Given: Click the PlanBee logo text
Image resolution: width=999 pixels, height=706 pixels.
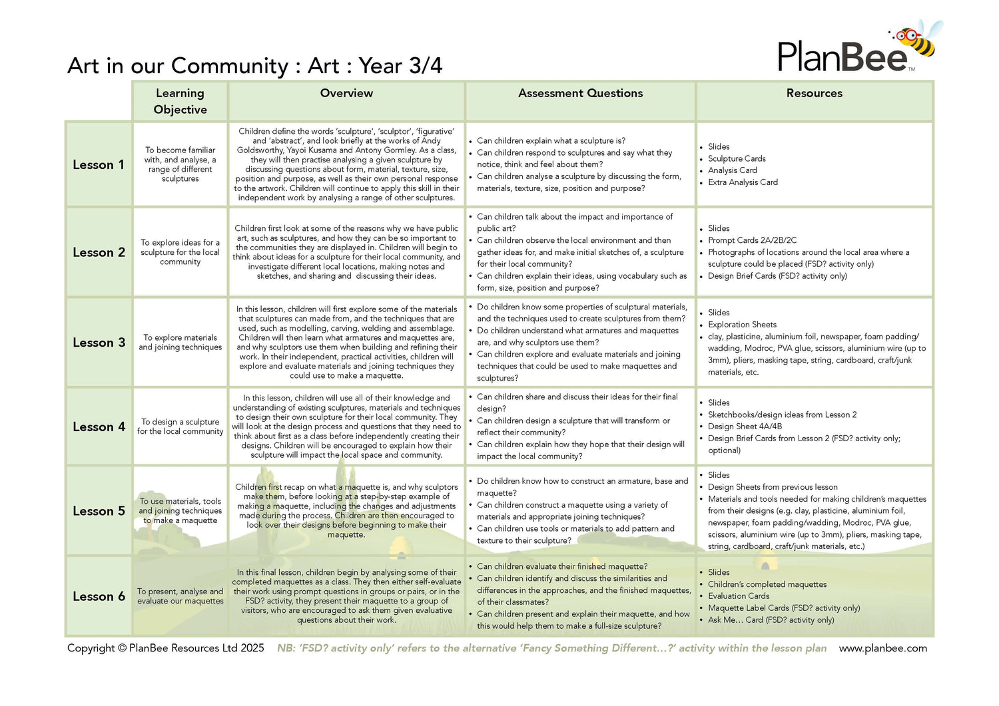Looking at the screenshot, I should [x=842, y=57].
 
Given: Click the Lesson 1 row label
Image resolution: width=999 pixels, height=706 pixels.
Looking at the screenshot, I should [x=99, y=165].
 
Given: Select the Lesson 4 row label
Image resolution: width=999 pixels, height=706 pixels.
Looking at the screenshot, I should [x=99, y=427].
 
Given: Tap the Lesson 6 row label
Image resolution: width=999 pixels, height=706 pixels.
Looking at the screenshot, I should [x=99, y=597].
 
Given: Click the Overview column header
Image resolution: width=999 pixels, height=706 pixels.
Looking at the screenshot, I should [x=346, y=93].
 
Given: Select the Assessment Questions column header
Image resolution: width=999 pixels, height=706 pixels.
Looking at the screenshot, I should [x=580, y=93].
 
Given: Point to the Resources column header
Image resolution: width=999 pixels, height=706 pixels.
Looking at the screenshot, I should [x=814, y=93].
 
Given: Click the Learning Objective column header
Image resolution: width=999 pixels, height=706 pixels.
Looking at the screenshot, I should [x=180, y=101].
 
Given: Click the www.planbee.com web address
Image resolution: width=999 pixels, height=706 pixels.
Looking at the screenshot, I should [x=882, y=648].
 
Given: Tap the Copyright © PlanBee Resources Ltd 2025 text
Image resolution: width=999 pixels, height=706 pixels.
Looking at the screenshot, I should [x=165, y=648].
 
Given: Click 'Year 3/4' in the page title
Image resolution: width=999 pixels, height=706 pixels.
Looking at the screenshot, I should [x=400, y=66].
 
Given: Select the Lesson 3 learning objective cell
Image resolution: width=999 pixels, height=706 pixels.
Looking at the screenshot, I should [x=180, y=343].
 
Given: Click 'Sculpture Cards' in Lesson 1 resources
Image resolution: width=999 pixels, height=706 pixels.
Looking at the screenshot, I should [x=737, y=158].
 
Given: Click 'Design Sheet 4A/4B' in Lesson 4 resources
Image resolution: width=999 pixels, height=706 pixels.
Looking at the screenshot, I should [x=745, y=427].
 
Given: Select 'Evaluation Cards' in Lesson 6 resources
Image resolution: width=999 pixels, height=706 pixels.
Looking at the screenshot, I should [x=739, y=596].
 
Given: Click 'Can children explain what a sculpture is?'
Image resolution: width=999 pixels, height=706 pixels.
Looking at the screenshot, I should [x=551, y=141].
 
